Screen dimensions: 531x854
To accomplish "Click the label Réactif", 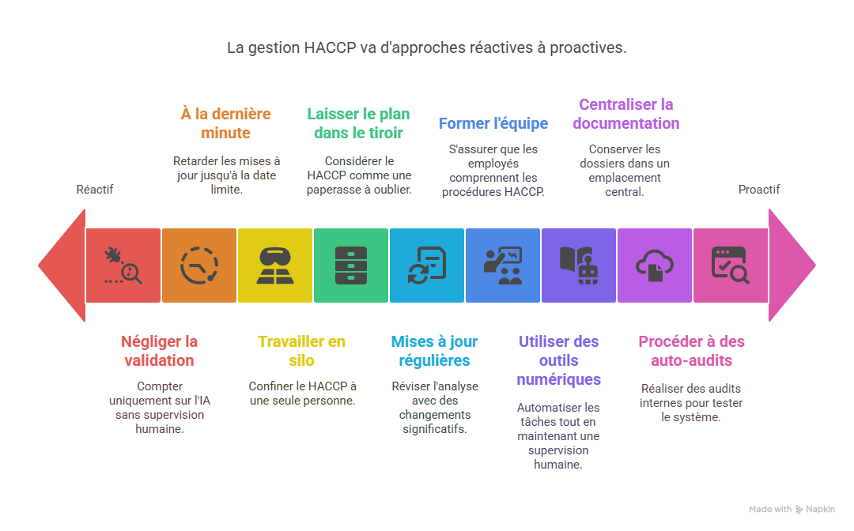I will coord(95,190).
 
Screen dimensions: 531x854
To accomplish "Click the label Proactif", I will coord(758,190).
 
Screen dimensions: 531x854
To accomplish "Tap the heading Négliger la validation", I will coord(159,351).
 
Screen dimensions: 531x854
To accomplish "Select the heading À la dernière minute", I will coord(225,123).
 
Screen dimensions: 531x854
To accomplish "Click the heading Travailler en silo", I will coord(302,351).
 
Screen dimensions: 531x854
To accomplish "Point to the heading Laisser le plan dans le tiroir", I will coord(358,123).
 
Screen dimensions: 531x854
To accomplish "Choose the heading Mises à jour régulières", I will coord(434,351).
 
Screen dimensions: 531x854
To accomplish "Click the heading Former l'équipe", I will coord(493,123).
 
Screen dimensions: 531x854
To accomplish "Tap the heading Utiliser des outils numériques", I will coord(558,360).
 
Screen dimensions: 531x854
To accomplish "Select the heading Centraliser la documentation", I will coord(625,114).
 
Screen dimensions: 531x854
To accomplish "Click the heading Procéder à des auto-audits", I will coord(691,351).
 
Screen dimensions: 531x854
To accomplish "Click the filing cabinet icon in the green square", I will coord(350,265).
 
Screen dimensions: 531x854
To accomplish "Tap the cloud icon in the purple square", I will coord(654,265).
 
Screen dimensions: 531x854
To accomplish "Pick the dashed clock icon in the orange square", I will coord(198,265).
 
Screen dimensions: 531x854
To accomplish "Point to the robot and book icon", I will coord(578,265).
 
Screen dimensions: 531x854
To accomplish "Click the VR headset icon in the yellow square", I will coord(274,265).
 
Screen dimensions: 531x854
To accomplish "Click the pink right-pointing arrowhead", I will coord(792,265).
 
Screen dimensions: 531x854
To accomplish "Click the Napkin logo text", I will coord(820,510).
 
